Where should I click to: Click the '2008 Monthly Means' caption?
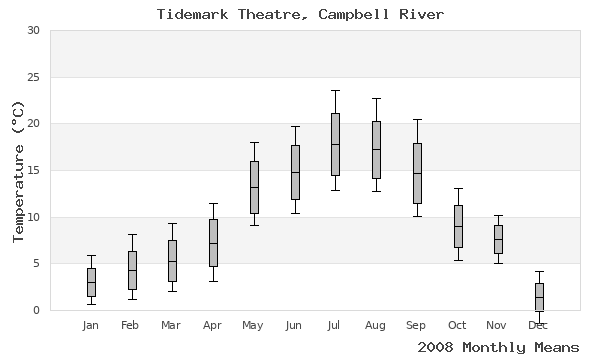coord(498,347)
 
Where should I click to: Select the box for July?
coord(335,144)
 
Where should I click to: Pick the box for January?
coord(91,282)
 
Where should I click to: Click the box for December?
coord(539,297)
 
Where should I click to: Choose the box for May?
coord(254,187)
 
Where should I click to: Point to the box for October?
coord(458,226)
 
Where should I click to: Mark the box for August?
coord(376,150)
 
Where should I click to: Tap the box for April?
coord(213,243)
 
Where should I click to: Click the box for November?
coord(498,239)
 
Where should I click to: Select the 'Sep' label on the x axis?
coord(417,325)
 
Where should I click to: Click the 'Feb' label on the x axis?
coord(131,325)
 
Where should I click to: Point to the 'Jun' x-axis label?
coord(294,325)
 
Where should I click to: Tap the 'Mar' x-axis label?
coord(172,325)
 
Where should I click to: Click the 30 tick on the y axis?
coord(33,31)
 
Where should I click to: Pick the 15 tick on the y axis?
coord(33,171)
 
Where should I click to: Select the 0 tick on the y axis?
coord(36,310)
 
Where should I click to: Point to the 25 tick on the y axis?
coord(33,77)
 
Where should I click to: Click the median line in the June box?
coord(295,172)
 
